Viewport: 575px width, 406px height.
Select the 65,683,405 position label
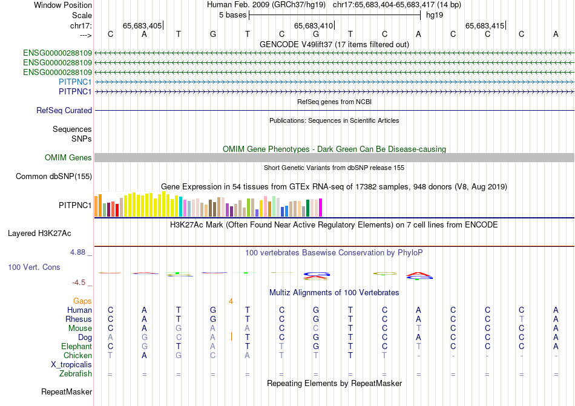142,25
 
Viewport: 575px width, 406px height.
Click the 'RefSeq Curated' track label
64,111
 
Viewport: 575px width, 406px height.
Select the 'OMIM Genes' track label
68,158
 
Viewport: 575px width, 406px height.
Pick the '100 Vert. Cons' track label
34,267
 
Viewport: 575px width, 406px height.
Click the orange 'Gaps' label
82,301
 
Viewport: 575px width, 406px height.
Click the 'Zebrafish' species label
76,374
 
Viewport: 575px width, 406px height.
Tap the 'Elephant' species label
76,347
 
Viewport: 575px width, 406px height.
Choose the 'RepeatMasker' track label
67,392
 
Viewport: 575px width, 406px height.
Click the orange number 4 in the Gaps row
231,301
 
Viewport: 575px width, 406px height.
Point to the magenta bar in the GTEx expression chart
320,208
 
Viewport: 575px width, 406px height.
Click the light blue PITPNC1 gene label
75,82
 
